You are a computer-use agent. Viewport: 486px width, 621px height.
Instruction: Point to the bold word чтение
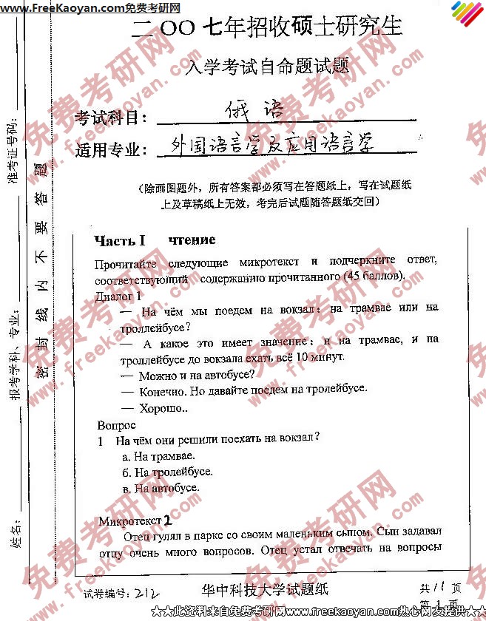point(192,240)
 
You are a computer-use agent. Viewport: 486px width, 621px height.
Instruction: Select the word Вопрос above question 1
point(116,425)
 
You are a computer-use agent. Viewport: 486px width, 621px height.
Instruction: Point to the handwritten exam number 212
point(152,593)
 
